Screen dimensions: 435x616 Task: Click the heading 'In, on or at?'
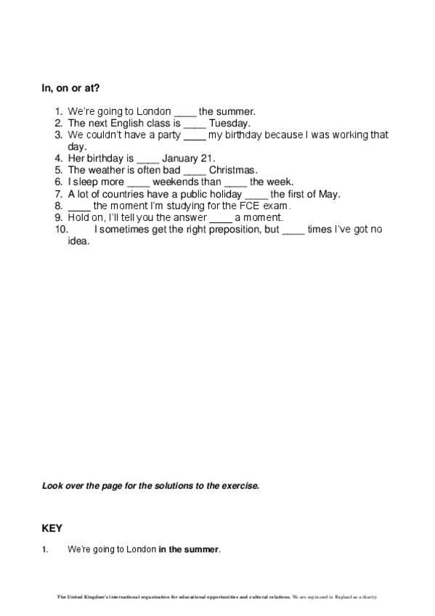point(70,89)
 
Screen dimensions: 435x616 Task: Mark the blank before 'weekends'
point(138,183)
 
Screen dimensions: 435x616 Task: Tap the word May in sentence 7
point(329,194)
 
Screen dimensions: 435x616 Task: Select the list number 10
point(61,230)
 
